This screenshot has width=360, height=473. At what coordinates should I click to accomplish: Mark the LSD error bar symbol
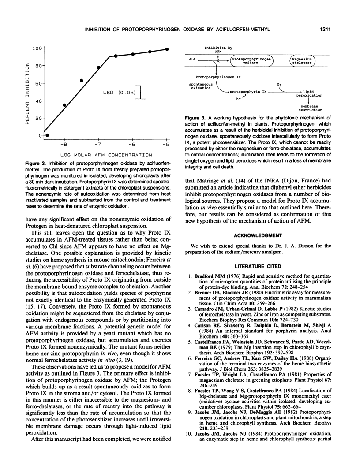[141, 92]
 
